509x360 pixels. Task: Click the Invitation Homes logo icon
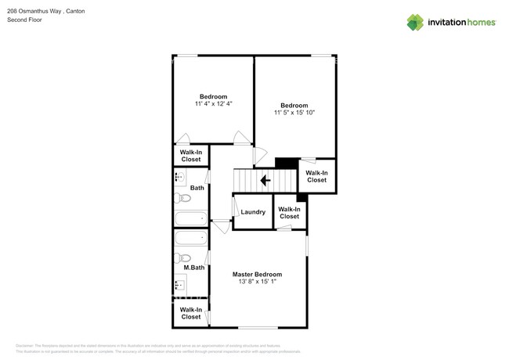coord(415,23)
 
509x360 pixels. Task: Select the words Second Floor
coord(24,20)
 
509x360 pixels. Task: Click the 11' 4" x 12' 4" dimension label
coord(213,103)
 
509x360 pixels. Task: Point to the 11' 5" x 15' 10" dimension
coord(294,113)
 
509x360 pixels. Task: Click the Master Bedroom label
coord(257,275)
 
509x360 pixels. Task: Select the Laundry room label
coord(253,212)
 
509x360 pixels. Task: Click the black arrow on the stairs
coord(265,180)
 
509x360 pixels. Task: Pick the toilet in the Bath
coord(184,198)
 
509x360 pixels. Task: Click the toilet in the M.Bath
coord(184,257)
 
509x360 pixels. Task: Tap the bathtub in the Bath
coord(190,219)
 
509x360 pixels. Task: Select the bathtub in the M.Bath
coord(190,238)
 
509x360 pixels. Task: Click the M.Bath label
coord(194,268)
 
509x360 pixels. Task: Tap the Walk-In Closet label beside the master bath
coord(191,313)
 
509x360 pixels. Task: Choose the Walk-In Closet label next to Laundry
coord(289,212)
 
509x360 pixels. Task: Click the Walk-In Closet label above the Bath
coord(191,156)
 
